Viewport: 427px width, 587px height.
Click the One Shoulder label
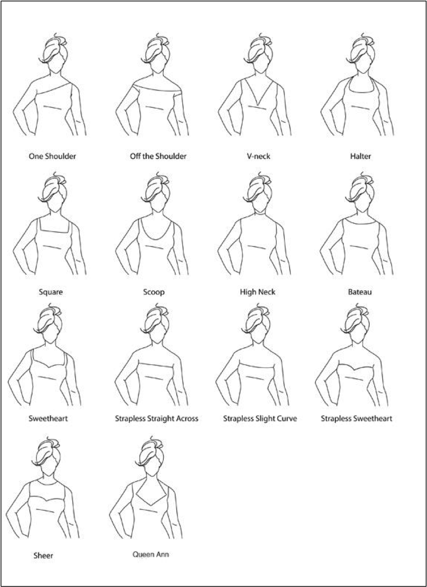(52, 157)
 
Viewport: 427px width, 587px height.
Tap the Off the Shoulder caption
(158, 157)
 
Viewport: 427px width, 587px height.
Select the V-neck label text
(258, 157)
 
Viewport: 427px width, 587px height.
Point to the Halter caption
(360, 157)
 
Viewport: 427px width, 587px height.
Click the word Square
(51, 292)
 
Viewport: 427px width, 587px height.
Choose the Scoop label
(154, 292)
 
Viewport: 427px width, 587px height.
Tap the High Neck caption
(258, 292)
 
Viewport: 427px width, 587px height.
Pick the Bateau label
(360, 292)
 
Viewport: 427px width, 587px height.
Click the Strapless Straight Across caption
(157, 419)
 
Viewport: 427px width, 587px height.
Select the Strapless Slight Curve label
(260, 419)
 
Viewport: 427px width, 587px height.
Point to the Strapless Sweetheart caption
(357, 419)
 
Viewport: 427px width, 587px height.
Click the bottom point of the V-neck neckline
(258, 105)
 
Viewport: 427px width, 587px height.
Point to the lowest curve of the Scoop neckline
(155, 240)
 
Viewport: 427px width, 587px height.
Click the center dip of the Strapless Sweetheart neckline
(354, 370)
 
